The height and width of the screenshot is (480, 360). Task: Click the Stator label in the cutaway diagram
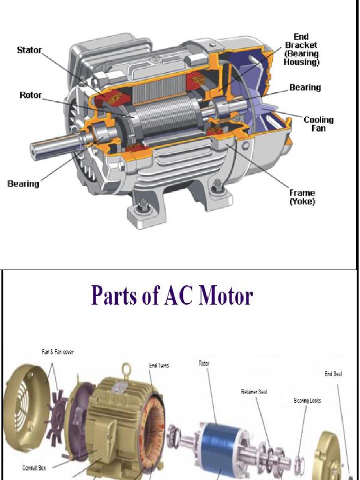click(29, 49)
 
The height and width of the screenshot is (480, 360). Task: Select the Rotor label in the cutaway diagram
click(30, 95)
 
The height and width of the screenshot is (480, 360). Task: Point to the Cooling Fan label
click(318, 123)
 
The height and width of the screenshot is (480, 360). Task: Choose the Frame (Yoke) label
click(302, 197)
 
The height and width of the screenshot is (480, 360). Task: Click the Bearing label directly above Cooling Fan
click(305, 88)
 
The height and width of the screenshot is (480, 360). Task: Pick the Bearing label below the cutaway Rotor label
click(23, 184)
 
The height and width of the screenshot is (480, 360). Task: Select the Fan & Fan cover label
click(58, 352)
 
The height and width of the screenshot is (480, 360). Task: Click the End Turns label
click(159, 365)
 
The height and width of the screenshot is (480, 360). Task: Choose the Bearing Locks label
click(307, 401)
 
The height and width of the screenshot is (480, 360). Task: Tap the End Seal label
click(333, 374)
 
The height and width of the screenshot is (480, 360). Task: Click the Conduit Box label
click(37, 467)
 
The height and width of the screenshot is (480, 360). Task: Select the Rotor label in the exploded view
click(204, 363)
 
